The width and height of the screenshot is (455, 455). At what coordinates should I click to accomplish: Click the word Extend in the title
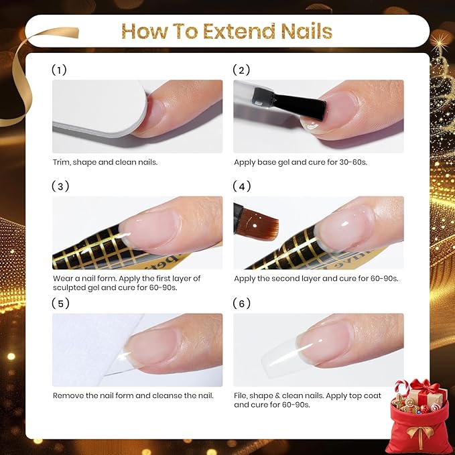(239, 31)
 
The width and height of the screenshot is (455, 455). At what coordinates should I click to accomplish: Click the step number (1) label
(59, 70)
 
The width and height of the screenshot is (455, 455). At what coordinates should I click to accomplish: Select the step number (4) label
(242, 186)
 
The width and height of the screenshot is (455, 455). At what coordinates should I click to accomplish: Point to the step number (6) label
(241, 304)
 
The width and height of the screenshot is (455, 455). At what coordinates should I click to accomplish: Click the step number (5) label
(60, 304)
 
